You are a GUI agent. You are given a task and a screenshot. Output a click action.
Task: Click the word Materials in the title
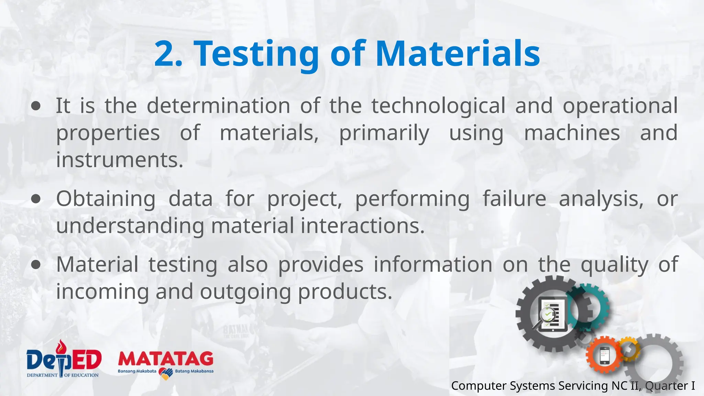tap(458, 54)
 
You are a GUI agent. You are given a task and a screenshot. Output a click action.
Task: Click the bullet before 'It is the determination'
tap(36, 106)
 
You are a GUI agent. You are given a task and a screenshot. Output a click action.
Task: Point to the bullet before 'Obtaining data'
tap(36, 199)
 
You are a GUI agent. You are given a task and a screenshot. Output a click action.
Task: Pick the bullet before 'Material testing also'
tap(36, 264)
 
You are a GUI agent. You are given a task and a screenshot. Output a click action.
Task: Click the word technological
tap(438, 106)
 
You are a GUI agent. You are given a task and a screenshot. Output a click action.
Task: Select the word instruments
tap(120, 160)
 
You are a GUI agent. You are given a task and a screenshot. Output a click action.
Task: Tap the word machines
tap(572, 133)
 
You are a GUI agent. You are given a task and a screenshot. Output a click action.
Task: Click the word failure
tap(514, 199)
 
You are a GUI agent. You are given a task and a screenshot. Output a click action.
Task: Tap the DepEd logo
tap(64, 360)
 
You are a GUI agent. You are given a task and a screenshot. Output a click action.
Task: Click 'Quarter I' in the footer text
tap(670, 386)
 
